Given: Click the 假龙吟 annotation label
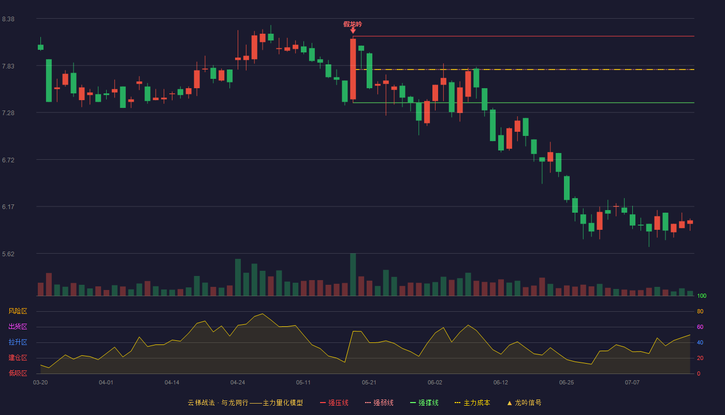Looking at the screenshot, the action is click(x=353, y=24).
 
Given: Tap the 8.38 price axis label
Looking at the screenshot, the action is click(x=8, y=19).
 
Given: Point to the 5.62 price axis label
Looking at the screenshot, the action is click(x=8, y=254).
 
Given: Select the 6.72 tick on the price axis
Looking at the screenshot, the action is click(x=8, y=160).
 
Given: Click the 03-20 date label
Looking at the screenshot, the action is click(x=40, y=383).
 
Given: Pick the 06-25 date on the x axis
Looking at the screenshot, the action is click(x=567, y=383).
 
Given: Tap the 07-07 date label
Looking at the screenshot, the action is click(x=632, y=383).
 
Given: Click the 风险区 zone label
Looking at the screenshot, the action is click(x=18, y=311).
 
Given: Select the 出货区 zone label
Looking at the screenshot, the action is click(x=18, y=326).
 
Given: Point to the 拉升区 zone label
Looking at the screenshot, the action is click(x=18, y=342).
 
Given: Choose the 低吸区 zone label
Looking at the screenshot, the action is click(x=18, y=373).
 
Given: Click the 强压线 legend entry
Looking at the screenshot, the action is click(x=334, y=403).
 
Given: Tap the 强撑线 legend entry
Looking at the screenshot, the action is click(x=424, y=403).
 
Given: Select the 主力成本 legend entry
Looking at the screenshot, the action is click(x=472, y=403).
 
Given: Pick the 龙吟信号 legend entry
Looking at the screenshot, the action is click(x=524, y=403).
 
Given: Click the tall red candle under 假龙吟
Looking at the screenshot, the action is click(x=353, y=69).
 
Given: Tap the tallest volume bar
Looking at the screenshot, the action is click(x=353, y=274).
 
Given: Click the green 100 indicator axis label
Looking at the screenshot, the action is click(x=702, y=296).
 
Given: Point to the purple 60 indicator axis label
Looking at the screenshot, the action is click(x=700, y=327).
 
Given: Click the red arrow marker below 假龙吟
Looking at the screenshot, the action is click(x=353, y=31).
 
